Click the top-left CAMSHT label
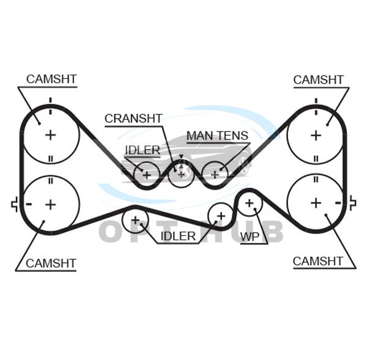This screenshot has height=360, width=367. click(x=51, y=79)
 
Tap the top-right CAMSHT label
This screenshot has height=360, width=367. click(x=318, y=80)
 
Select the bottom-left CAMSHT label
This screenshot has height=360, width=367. click(x=51, y=263)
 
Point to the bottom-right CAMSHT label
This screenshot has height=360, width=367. click(x=318, y=261)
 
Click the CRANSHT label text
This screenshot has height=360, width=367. click(x=133, y=119)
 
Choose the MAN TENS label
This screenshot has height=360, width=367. click(x=217, y=136)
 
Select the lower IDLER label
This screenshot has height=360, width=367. click(x=178, y=236)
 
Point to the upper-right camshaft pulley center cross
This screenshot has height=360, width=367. click(x=316, y=134)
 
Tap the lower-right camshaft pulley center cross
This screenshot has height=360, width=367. click(x=316, y=202)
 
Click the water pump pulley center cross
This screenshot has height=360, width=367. click(x=249, y=203)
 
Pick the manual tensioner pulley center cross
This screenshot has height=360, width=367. click(x=215, y=174)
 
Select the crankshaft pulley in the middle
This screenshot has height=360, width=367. click(x=180, y=174)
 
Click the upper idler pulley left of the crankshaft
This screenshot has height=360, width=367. click(x=147, y=174)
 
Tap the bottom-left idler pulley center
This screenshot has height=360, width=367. click(x=135, y=220)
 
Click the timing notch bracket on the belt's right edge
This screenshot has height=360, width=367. click(x=353, y=202)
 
